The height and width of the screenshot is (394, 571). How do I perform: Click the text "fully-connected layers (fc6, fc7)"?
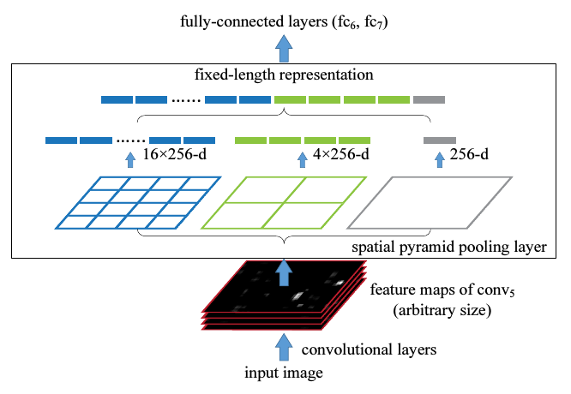pyautogui.click(x=284, y=21)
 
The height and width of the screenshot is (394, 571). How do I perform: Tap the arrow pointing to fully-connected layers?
pyautogui.click(x=284, y=48)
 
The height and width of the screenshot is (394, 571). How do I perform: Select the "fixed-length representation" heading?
pyautogui.click(x=284, y=75)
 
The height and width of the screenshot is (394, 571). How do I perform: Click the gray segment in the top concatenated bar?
pyautogui.click(x=429, y=99)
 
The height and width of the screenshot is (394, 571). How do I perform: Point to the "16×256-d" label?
pyautogui.click(x=174, y=154)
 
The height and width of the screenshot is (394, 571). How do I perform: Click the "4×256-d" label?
pyautogui.click(x=341, y=154)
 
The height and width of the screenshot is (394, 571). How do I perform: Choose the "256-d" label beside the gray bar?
pyautogui.click(x=469, y=154)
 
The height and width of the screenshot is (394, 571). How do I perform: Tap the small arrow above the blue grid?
pyautogui.click(x=130, y=160)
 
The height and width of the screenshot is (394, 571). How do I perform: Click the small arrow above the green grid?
pyautogui.click(x=303, y=160)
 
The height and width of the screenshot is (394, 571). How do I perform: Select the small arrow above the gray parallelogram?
pyautogui.click(x=440, y=160)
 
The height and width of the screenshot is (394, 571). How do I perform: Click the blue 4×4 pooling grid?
pyautogui.click(x=138, y=203)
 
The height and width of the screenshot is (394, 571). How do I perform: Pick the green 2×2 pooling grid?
pyautogui.click(x=284, y=203)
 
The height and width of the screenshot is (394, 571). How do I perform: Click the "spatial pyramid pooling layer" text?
pyautogui.click(x=449, y=247)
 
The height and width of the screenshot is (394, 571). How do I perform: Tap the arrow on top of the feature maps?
pyautogui.click(x=284, y=272)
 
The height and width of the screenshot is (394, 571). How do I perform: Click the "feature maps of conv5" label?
pyautogui.click(x=442, y=290)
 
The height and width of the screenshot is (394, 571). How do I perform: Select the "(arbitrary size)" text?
pyautogui.click(x=442, y=310)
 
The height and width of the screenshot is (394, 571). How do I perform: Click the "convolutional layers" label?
pyautogui.click(x=369, y=349)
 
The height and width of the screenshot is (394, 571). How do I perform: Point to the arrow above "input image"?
pyautogui.click(x=284, y=348)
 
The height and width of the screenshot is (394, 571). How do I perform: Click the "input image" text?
pyautogui.click(x=284, y=373)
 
